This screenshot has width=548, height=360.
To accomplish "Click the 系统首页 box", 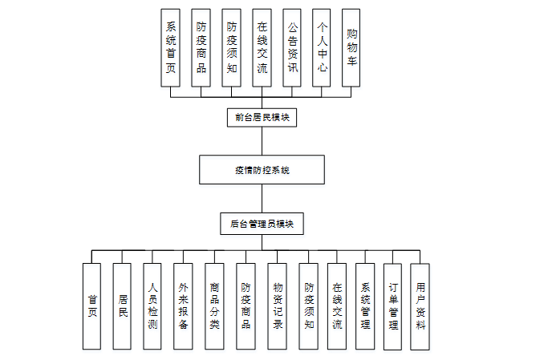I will click(x=170, y=48).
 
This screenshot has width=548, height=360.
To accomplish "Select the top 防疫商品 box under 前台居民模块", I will click(x=201, y=48).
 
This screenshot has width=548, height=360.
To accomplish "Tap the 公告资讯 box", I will click(x=292, y=48).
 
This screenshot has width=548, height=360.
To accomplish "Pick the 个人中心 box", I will click(x=321, y=48).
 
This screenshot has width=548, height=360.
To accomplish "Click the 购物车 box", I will click(x=351, y=48).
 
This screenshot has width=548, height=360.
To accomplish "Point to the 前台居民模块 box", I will click(x=262, y=118).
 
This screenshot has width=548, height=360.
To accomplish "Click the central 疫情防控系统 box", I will click(x=262, y=170).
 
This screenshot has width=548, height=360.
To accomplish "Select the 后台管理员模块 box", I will click(x=262, y=224).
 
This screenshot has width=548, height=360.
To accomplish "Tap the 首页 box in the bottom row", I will click(x=91, y=306).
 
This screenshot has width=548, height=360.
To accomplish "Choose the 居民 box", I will click(x=122, y=306).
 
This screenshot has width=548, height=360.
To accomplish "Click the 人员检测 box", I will click(x=152, y=306).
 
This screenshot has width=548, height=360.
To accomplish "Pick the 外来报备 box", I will click(x=184, y=306).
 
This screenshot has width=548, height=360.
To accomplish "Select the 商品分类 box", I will click(x=214, y=306).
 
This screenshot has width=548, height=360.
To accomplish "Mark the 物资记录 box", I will click(x=278, y=306).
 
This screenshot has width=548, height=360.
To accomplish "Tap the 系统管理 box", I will click(x=365, y=306).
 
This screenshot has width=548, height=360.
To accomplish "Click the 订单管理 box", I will click(x=392, y=306).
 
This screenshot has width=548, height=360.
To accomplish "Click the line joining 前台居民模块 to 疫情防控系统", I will click(x=262, y=141).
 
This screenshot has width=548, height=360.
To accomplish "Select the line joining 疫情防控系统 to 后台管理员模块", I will click(x=262, y=199).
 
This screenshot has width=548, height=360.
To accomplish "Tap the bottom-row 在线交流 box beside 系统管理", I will click(x=337, y=306).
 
